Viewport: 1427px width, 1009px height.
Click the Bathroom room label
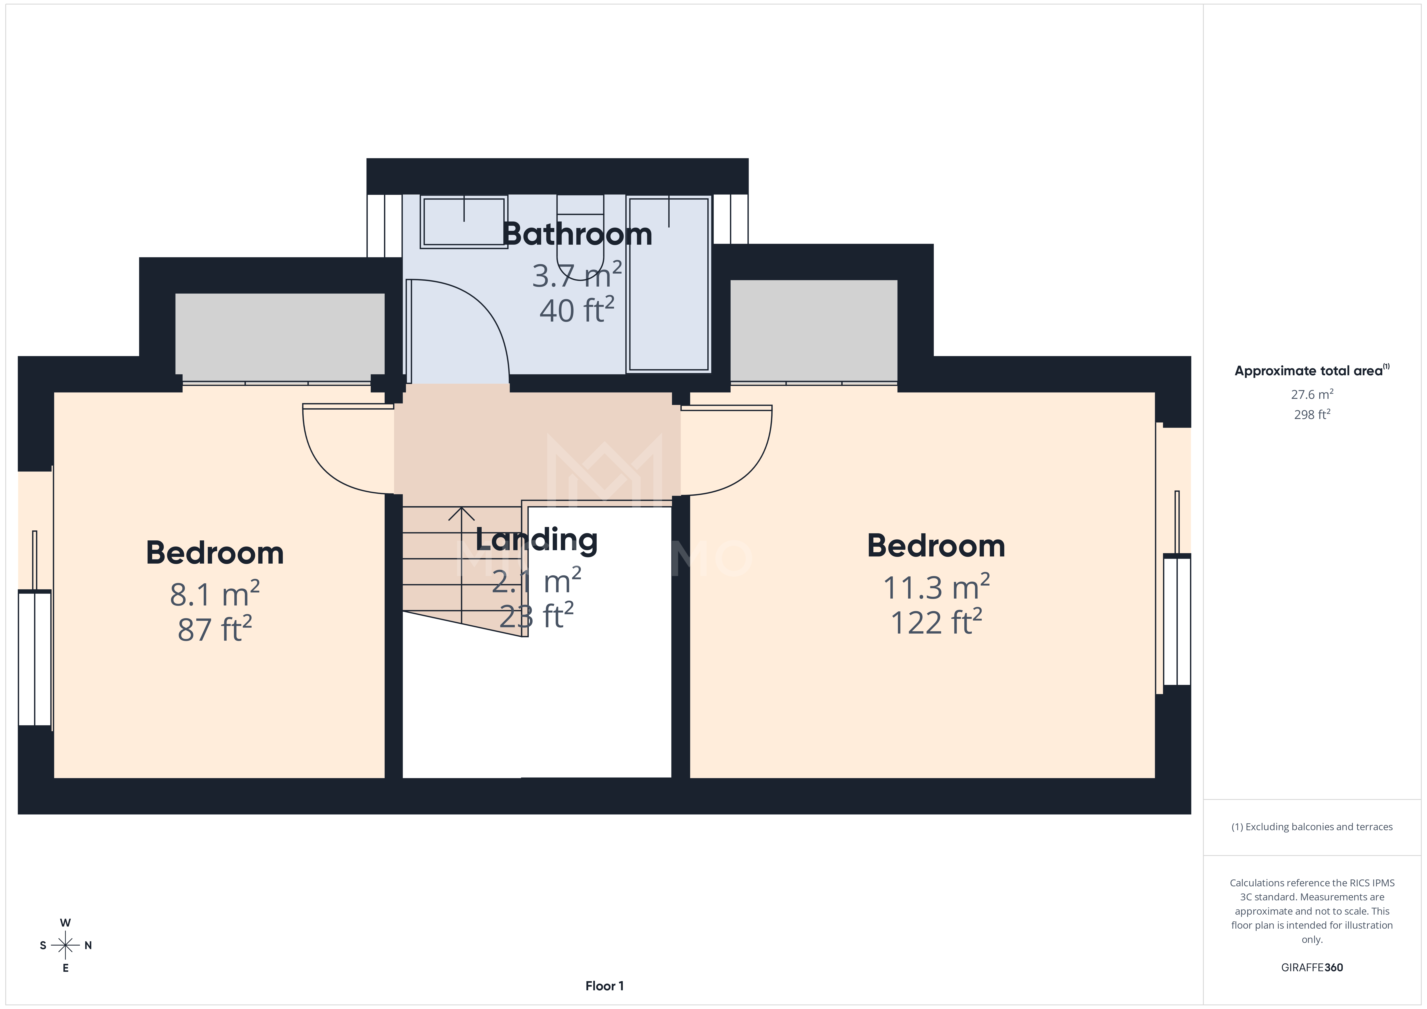pyautogui.click(x=577, y=234)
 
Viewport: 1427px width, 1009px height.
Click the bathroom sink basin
pyautogui.click(x=464, y=221)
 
